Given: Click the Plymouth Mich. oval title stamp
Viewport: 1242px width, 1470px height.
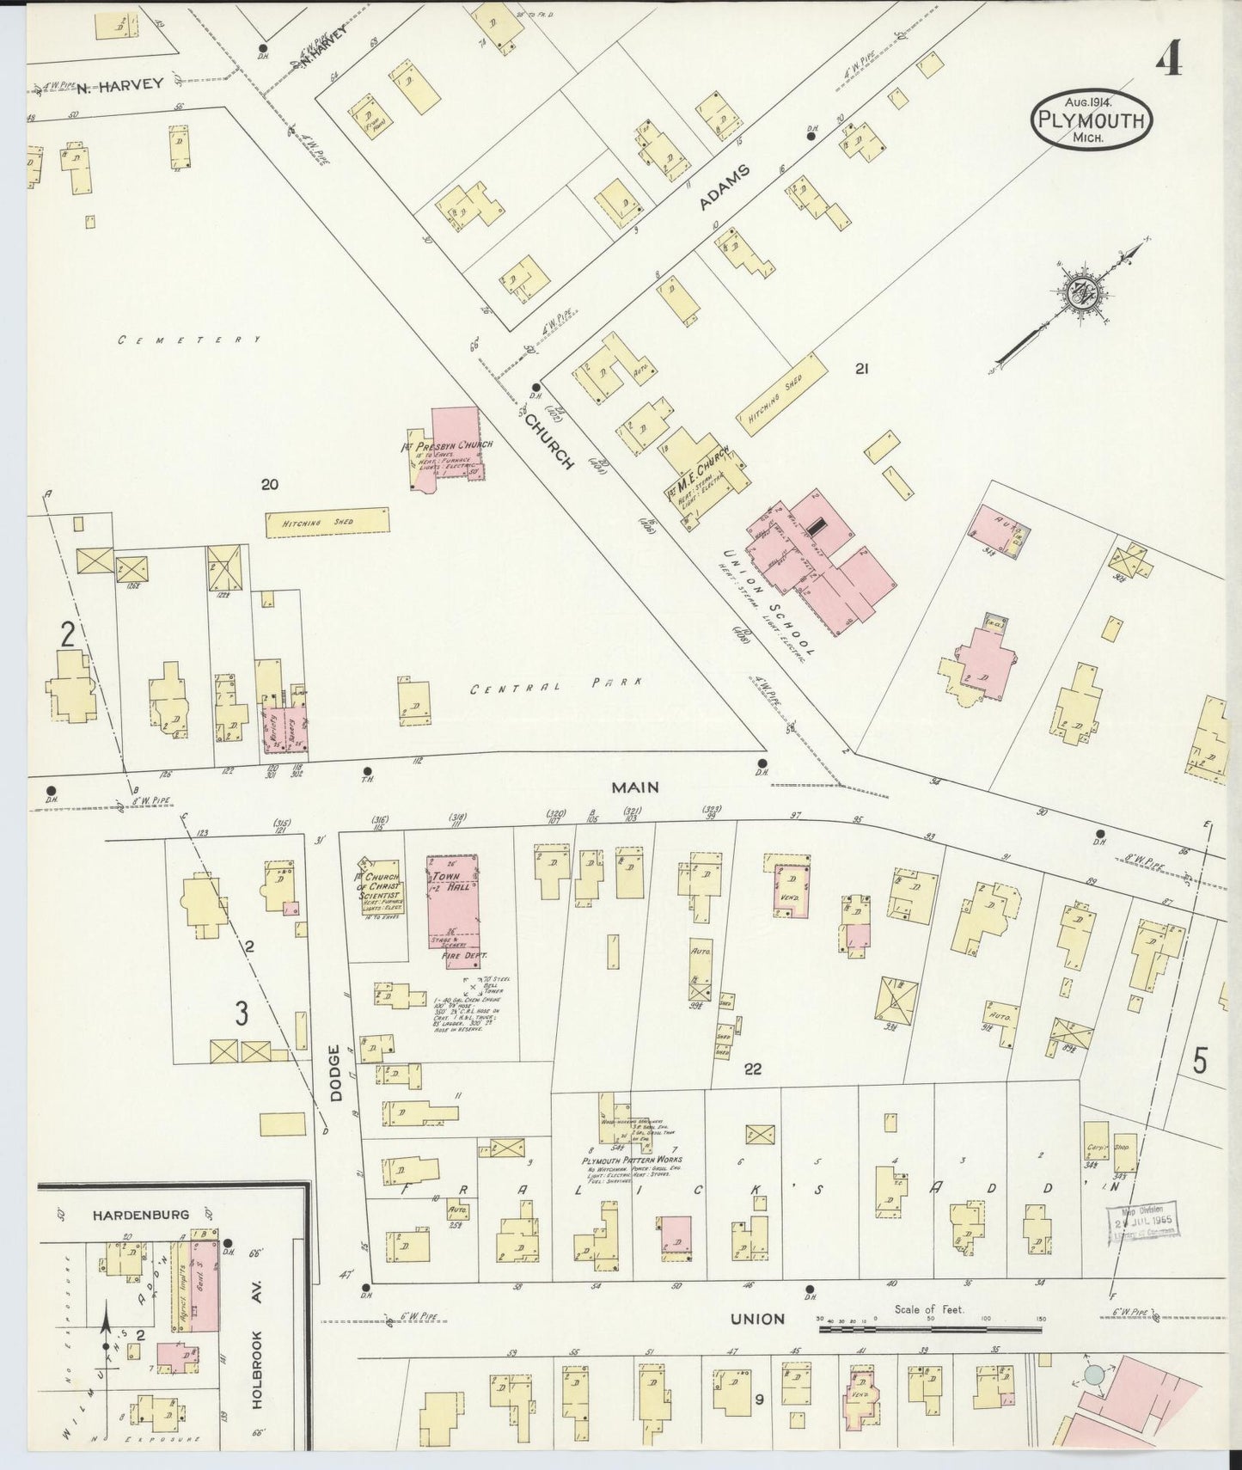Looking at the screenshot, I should coord(1091,120).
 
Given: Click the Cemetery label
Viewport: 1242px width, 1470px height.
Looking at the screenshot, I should coord(189,340).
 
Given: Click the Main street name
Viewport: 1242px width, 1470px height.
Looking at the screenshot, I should coord(634,787).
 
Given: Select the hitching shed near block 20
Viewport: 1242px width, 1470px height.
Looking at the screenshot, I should coord(327,522).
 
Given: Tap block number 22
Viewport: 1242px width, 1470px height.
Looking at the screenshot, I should coord(753,1069).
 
